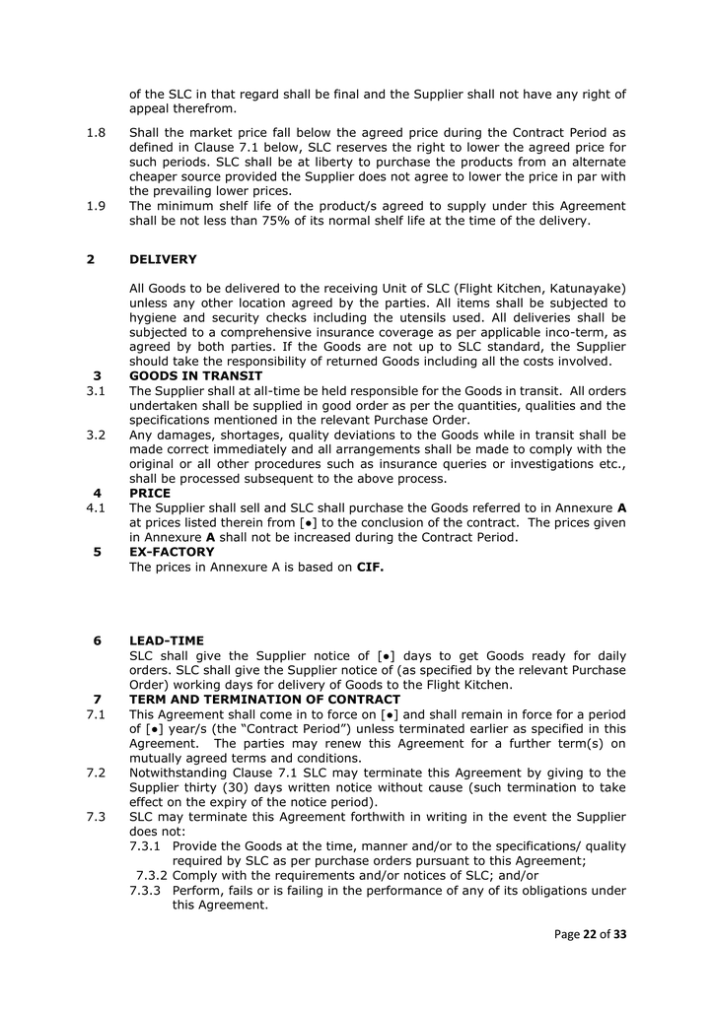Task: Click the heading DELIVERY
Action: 163,260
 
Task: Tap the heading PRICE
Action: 150,493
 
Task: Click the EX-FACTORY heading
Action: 172,552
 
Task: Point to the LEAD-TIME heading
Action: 167,640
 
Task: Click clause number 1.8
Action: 97,132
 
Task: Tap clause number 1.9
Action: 97,206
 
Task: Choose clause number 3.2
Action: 97,435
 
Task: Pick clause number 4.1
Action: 97,507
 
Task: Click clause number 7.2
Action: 97,773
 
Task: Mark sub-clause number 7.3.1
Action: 146,846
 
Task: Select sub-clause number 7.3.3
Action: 146,891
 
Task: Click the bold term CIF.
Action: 370,567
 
